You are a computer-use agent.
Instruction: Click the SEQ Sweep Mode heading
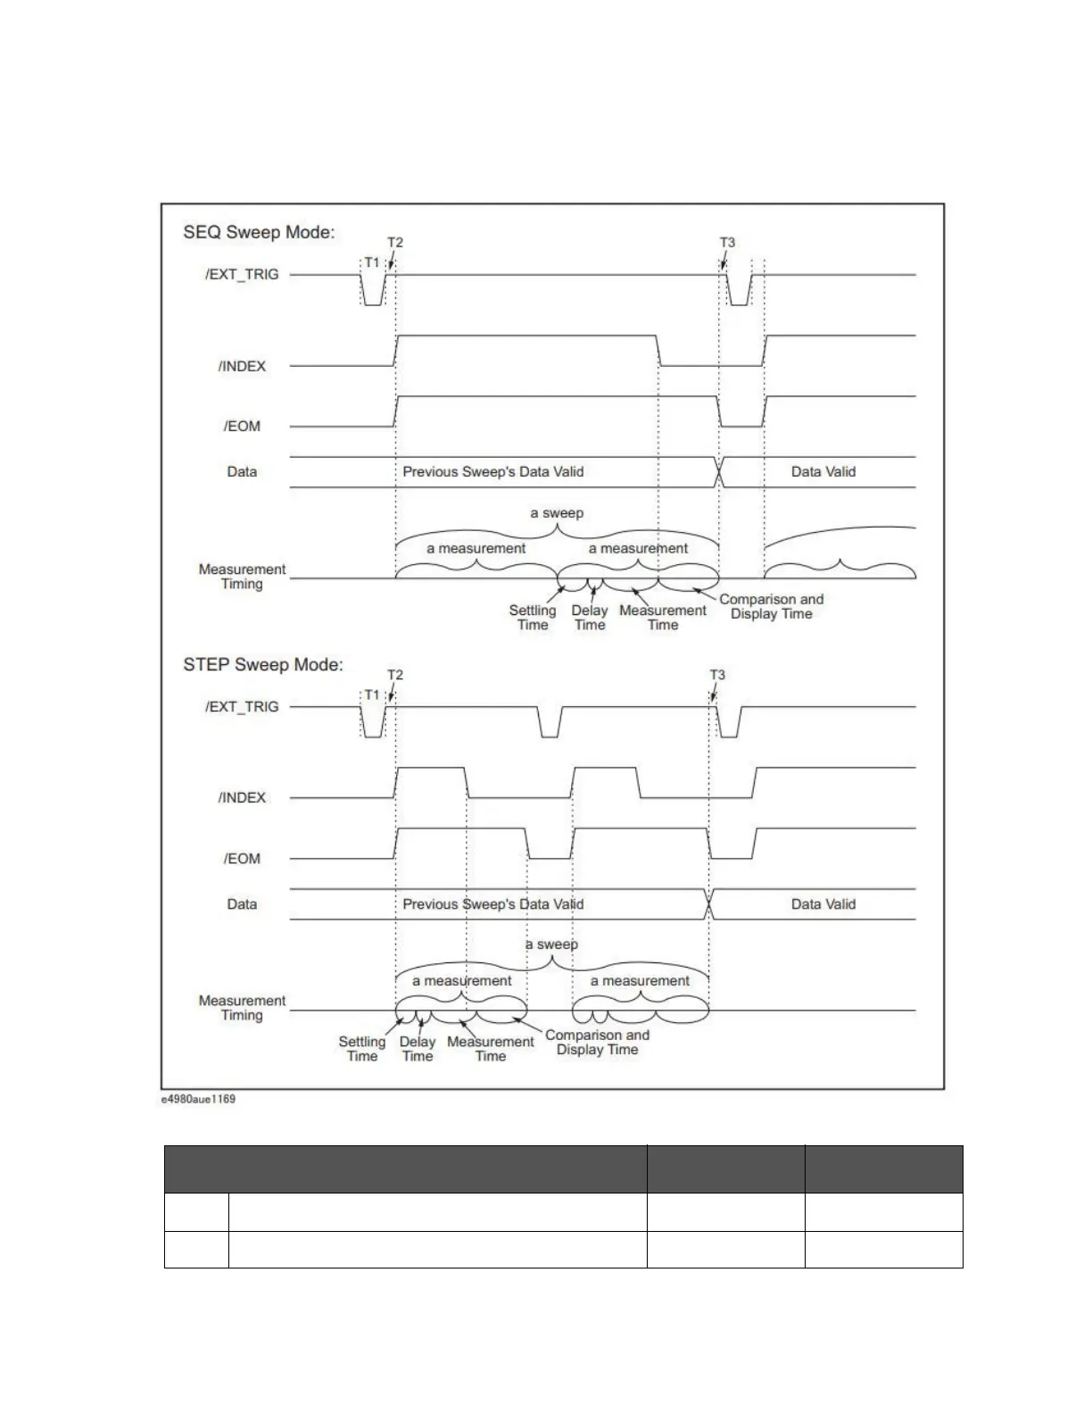point(259,232)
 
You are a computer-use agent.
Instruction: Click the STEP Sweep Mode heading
point(263,665)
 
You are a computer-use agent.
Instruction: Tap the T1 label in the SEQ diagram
point(372,262)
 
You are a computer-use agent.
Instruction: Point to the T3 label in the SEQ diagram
point(727,243)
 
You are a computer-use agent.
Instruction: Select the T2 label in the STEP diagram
point(394,675)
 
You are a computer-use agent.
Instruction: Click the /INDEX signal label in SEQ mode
point(242,366)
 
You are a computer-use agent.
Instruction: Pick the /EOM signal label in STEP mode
point(242,859)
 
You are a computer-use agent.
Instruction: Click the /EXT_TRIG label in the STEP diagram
point(242,707)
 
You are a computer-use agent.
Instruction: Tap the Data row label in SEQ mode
point(242,472)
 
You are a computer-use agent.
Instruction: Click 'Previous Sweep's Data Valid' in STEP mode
point(492,904)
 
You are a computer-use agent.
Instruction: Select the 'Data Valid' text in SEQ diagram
point(823,472)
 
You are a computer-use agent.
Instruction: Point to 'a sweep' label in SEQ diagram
point(556,513)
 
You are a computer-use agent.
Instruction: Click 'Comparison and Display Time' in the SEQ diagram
point(771,607)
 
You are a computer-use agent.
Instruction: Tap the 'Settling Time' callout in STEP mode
point(361,1049)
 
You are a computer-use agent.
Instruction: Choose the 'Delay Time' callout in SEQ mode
point(589,618)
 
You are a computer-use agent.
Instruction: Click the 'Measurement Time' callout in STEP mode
point(490,1049)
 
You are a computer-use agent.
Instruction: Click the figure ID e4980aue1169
point(198,1099)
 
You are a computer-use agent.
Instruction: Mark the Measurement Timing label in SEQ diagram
point(242,577)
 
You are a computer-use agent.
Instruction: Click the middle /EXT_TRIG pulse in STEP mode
point(550,722)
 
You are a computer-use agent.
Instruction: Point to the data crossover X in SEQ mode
point(719,472)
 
